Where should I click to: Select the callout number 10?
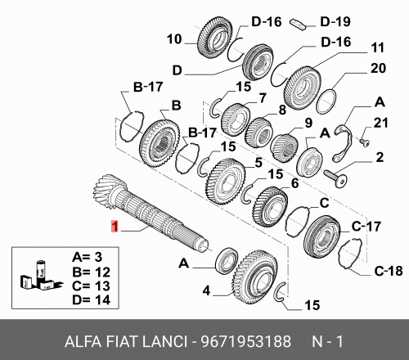point(173,38)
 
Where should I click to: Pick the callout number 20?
point(377,69)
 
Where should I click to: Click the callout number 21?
point(379,122)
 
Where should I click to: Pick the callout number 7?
point(263,98)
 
